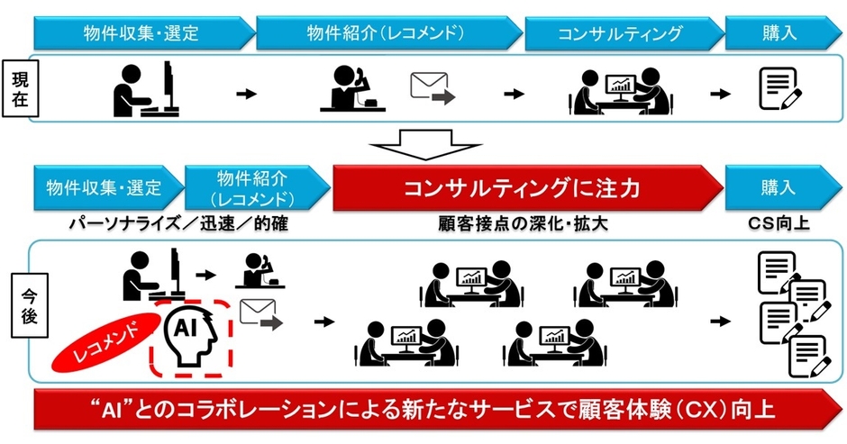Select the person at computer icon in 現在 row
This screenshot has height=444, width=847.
pyautogui.click(x=149, y=88)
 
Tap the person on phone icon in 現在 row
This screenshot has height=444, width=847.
pyautogui.click(x=352, y=88)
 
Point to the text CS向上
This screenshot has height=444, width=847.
pyautogui.click(x=780, y=221)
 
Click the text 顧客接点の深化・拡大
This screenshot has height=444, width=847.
pyautogui.click(x=527, y=222)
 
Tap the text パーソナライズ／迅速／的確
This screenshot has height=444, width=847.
pyautogui.click(x=183, y=222)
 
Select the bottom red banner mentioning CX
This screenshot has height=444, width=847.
pyautogui.click(x=423, y=412)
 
